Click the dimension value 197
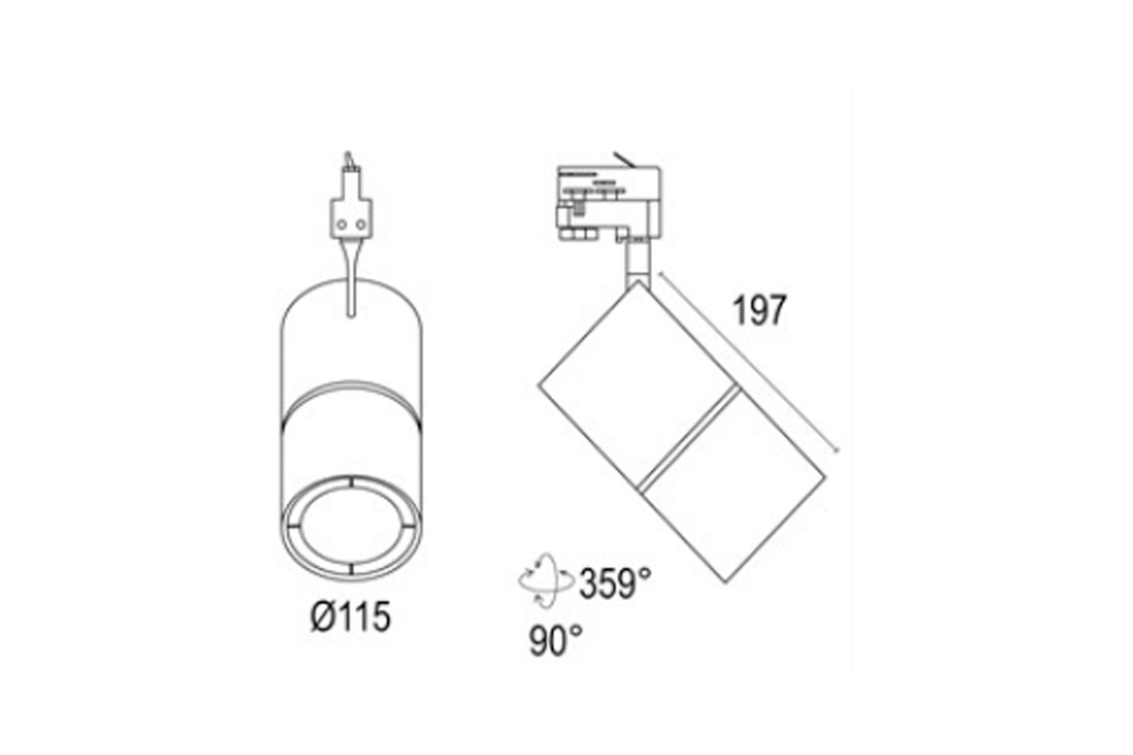[x=759, y=311]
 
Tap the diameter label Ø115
[x=351, y=616]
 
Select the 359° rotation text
[x=615, y=584]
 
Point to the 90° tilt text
[x=556, y=641]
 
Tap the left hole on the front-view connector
[x=341, y=225]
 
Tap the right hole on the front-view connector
[x=361, y=225]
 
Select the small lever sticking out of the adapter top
[x=626, y=159]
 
